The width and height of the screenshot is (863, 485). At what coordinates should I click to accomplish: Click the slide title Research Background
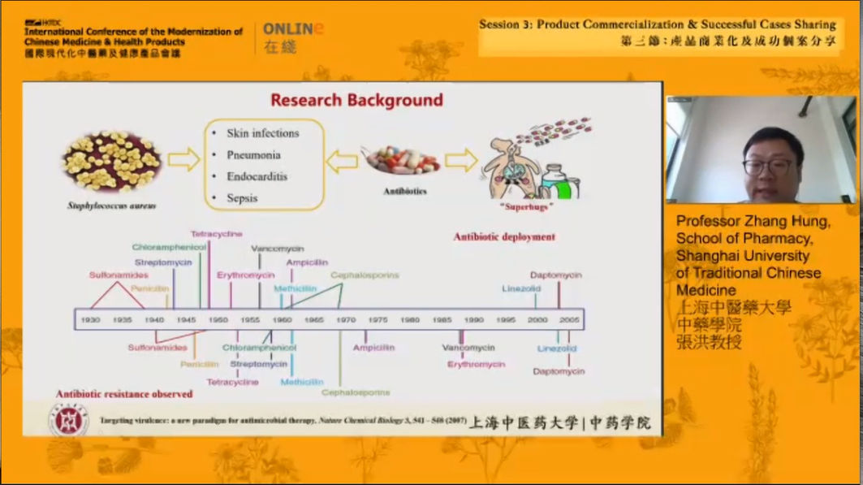356,101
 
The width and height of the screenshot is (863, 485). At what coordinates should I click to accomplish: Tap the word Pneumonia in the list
253,155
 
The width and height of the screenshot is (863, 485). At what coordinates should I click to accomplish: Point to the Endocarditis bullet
257,176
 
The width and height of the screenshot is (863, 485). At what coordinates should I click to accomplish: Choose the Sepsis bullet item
242,198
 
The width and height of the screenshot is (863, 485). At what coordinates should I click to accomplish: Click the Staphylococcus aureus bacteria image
112,162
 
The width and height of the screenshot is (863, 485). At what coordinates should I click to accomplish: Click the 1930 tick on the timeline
90,320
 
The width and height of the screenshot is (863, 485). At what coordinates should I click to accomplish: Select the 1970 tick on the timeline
347,320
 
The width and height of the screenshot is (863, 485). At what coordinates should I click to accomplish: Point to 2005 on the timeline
569,320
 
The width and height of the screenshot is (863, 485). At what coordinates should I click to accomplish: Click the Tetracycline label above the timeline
216,234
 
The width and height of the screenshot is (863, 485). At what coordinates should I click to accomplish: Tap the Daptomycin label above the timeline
556,275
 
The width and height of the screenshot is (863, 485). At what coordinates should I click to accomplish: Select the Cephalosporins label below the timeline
356,392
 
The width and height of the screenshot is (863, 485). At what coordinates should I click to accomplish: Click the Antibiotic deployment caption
504,237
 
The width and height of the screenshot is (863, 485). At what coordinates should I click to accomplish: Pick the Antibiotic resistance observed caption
124,394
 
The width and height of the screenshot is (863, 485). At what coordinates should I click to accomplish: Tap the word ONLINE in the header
293,29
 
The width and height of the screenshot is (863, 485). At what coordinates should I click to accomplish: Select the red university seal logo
69,421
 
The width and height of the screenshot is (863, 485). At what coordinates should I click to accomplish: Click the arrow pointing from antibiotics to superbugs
460,160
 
